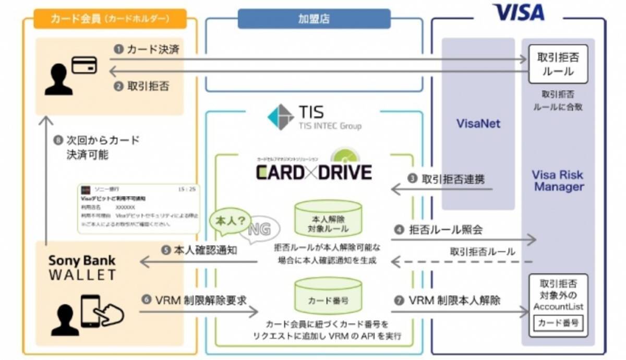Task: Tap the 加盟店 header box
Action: click(314, 19)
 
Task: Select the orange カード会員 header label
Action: click(110, 19)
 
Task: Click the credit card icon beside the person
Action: click(83, 65)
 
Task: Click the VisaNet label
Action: click(478, 124)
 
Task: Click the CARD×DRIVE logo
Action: click(314, 171)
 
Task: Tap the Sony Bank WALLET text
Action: click(82, 267)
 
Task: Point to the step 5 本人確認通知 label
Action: click(200, 250)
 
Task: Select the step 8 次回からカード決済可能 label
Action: click(97, 148)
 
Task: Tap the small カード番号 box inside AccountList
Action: click(558, 323)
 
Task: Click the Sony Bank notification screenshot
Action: click(139, 208)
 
